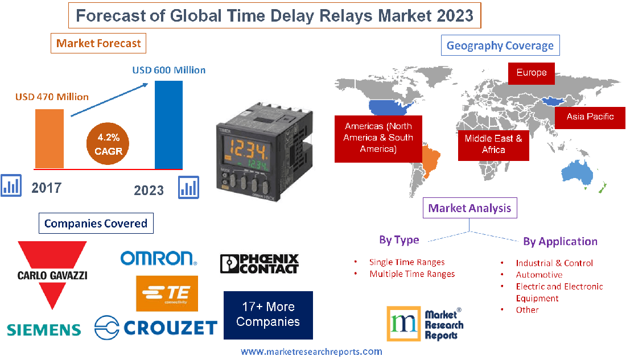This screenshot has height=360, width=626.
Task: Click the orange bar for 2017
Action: coord(49,138)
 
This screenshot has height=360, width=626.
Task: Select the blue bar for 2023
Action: coord(168,125)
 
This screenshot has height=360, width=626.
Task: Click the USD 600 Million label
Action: coord(169,70)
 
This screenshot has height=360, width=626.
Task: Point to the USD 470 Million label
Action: coord(52,97)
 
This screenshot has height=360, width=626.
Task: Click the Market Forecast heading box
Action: coord(98,43)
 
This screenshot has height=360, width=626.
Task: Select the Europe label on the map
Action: coord(531,73)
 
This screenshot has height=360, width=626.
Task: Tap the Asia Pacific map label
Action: coord(590,117)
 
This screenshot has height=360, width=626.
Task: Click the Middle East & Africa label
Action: coord(493,144)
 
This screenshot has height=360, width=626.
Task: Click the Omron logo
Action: coord(158,258)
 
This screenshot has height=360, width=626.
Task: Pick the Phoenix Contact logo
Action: coord(259,264)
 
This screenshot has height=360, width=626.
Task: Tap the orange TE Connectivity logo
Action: coord(167,293)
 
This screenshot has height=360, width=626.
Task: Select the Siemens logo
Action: coord(44,329)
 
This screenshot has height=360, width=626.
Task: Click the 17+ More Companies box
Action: coord(268,315)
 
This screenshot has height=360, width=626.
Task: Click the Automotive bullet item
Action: coord(539,275)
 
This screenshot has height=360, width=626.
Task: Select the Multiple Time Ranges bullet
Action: coord(412,274)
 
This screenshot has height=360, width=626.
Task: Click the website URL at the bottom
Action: coord(311,352)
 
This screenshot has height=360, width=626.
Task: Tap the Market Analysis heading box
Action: coord(470,208)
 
